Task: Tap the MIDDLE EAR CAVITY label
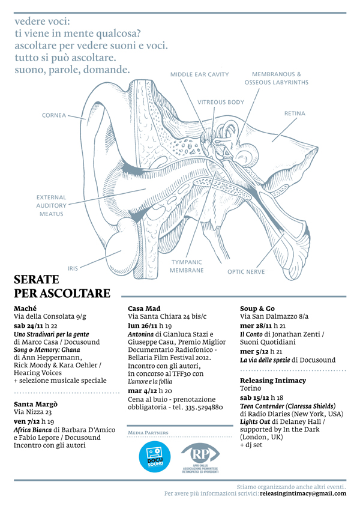200,74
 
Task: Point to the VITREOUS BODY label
221,102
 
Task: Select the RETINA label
295,113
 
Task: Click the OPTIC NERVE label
245,271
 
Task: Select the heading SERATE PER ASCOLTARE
62,286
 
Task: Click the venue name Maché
25,307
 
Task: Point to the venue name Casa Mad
144,308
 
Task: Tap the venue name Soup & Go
258,308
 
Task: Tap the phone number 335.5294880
200,407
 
